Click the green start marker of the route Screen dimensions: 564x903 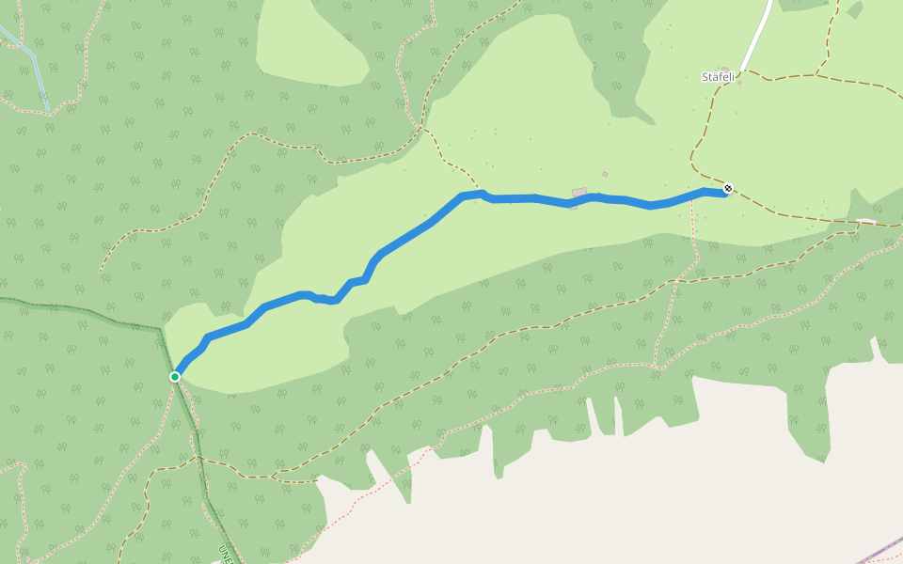pos(175,377)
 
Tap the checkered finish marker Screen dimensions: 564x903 pos(728,189)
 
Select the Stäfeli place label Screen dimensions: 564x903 pos(718,77)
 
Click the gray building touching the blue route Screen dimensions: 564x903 pos(579,193)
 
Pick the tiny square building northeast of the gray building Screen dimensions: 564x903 pos(605,174)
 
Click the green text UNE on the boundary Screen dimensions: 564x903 pos(224,552)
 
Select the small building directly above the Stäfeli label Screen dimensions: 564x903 pos(727,67)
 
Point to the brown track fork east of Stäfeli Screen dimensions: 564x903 pos(818,73)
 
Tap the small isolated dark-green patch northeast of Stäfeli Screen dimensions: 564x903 pos(854,10)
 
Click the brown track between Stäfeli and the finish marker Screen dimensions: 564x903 pos(698,141)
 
